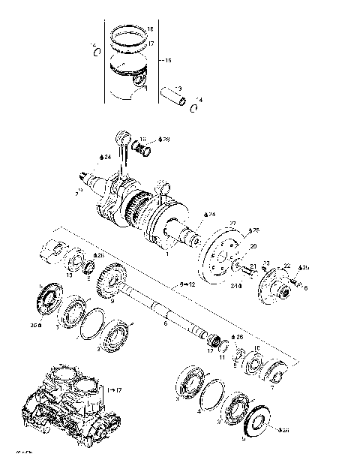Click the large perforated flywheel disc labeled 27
[219, 254]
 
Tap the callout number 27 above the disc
[232, 224]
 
